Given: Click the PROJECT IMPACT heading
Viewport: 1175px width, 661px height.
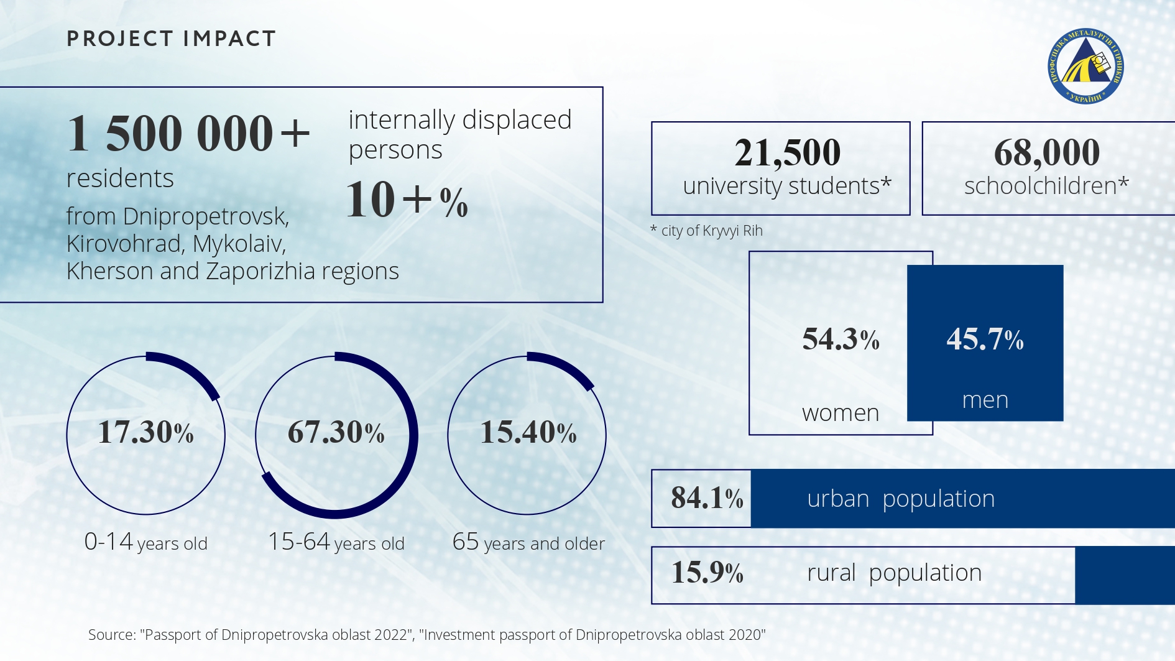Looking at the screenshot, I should click(171, 39).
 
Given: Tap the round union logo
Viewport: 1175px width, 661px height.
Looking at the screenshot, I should click(1085, 67).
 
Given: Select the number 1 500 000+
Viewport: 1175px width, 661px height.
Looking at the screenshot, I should click(188, 133).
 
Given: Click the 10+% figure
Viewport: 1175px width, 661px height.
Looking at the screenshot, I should click(407, 200).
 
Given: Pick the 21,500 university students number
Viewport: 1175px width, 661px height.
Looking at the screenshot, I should click(787, 152).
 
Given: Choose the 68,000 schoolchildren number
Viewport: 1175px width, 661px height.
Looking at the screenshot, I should click(1047, 152).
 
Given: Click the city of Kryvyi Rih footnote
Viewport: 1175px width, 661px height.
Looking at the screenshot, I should click(707, 231).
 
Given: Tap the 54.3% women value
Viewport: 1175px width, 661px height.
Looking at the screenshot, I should click(841, 340).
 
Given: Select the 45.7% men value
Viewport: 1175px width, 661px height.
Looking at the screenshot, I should click(985, 340).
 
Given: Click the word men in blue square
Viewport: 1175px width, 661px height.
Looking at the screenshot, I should click(985, 400).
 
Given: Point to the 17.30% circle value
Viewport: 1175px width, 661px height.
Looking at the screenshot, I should click(146, 432).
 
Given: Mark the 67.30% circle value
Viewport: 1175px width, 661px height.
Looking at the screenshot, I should click(336, 432).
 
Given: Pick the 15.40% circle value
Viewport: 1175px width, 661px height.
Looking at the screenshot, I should click(528, 432).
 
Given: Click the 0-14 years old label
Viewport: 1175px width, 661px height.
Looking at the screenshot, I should click(146, 542).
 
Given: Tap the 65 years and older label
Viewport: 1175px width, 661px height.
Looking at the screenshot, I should click(528, 542).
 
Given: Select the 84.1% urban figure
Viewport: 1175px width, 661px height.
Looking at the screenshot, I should click(707, 498).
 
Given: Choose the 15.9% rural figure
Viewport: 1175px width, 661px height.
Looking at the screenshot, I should click(707, 573).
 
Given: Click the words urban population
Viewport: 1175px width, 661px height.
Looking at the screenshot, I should click(901, 499).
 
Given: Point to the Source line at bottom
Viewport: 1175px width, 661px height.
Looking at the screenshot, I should click(426, 635).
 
